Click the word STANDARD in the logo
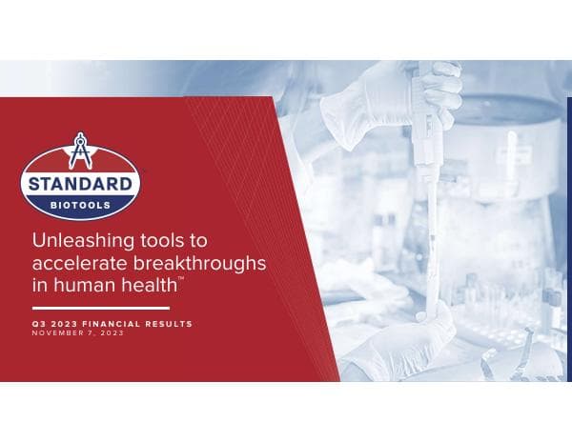(x=81, y=184)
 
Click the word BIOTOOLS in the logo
(x=81, y=202)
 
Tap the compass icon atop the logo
(x=81, y=153)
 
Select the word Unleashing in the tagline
(x=76, y=240)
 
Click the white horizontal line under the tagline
(x=100, y=308)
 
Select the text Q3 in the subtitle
(x=37, y=324)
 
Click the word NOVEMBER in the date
(x=54, y=332)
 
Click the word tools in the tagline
(x=161, y=240)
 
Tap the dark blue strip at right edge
(x=569, y=238)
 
